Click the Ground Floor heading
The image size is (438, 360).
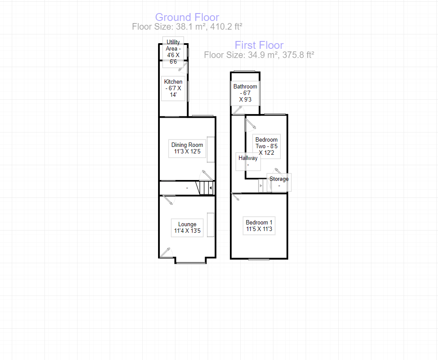coord(187,17)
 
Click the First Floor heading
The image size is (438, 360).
coord(259,45)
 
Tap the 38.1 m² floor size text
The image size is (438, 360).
coord(187,27)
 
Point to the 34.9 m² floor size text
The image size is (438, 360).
coord(259,55)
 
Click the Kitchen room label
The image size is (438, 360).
coord(173,88)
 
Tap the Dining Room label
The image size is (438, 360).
coord(187,149)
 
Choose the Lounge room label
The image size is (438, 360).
coord(187,228)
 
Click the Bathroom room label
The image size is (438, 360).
coord(245,93)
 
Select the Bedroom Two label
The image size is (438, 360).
coord(266,146)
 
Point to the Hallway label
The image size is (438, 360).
coord(248,161)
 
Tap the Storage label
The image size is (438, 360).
coord(279,182)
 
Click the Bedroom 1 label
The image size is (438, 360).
coord(259,226)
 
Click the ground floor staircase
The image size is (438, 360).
coord(205,188)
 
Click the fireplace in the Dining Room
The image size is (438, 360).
coord(211,149)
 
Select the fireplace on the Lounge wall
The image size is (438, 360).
coord(211,225)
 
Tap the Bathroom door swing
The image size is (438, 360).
coord(238,110)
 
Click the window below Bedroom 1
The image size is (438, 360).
coord(259,259)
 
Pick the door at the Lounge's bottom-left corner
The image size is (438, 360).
coord(166,252)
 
